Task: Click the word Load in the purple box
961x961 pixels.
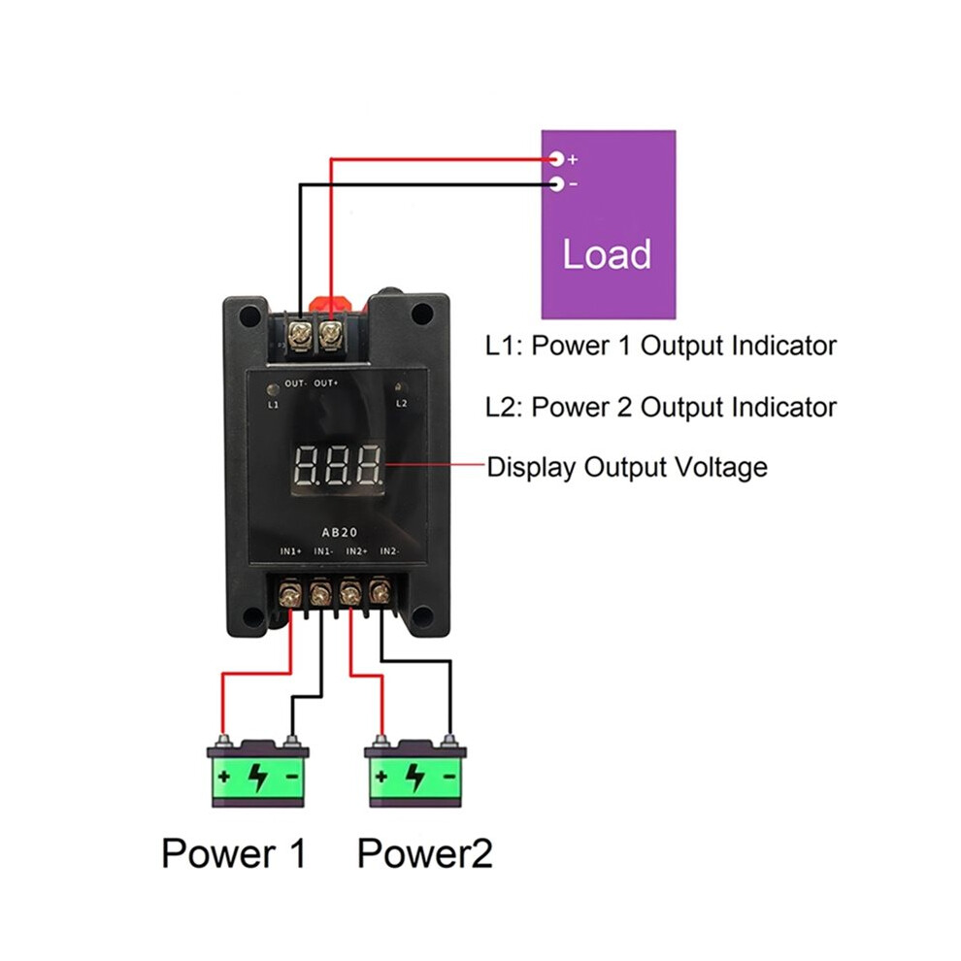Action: (x=607, y=253)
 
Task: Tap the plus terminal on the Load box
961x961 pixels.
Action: (x=556, y=159)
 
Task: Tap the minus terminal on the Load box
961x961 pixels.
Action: (x=556, y=183)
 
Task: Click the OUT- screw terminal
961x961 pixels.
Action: (x=300, y=335)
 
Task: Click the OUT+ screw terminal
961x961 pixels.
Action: (x=330, y=335)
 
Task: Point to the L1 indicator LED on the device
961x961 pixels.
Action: (x=273, y=389)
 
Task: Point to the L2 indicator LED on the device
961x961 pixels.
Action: (x=400, y=387)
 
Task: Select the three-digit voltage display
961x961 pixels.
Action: (x=338, y=465)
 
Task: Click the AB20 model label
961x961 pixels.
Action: (x=340, y=532)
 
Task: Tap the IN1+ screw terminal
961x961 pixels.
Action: (x=288, y=593)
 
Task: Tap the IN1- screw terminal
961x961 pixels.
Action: (x=319, y=593)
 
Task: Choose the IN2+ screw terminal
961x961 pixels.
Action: (x=349, y=593)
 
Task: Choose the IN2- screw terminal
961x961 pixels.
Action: (x=380, y=592)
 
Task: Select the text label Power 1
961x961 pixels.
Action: (x=234, y=853)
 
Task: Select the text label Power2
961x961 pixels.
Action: (x=425, y=853)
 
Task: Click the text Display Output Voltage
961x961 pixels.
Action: (x=627, y=467)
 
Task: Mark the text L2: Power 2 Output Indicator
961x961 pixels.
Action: (x=661, y=407)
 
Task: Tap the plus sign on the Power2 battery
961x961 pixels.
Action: (x=381, y=777)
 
